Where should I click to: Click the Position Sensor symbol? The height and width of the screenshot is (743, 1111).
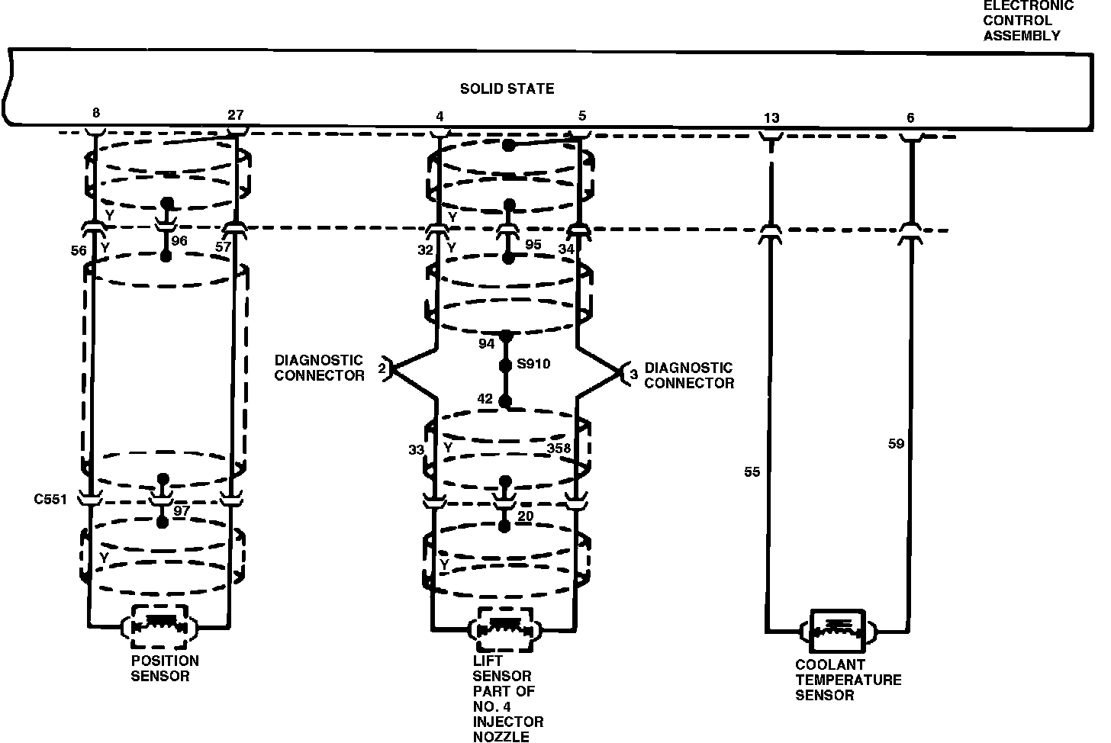pyautogui.click(x=160, y=627)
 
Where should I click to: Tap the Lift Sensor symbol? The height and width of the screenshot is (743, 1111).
pyautogui.click(x=504, y=629)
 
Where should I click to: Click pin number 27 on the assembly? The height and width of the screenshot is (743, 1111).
pyautogui.click(x=236, y=115)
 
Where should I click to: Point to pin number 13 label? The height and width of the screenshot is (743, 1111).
pyautogui.click(x=771, y=117)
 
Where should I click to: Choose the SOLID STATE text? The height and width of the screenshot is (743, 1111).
pyautogui.click(x=507, y=89)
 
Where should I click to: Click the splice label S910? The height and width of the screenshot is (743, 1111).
pyautogui.click(x=533, y=365)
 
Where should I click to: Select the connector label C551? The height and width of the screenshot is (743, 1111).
pyautogui.click(x=50, y=500)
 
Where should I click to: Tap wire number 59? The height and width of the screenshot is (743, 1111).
pyautogui.click(x=896, y=442)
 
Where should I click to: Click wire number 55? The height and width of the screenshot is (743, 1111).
pyautogui.click(x=752, y=472)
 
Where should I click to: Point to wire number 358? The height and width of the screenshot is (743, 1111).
pyautogui.click(x=559, y=449)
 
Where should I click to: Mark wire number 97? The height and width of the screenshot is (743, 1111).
pyautogui.click(x=181, y=510)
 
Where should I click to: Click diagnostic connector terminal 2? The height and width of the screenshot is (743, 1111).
pyautogui.click(x=382, y=369)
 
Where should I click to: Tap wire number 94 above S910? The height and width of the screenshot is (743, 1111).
pyautogui.click(x=487, y=344)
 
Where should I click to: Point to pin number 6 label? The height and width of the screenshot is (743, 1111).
pyautogui.click(x=910, y=117)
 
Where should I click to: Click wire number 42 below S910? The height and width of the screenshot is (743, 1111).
pyautogui.click(x=485, y=399)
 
